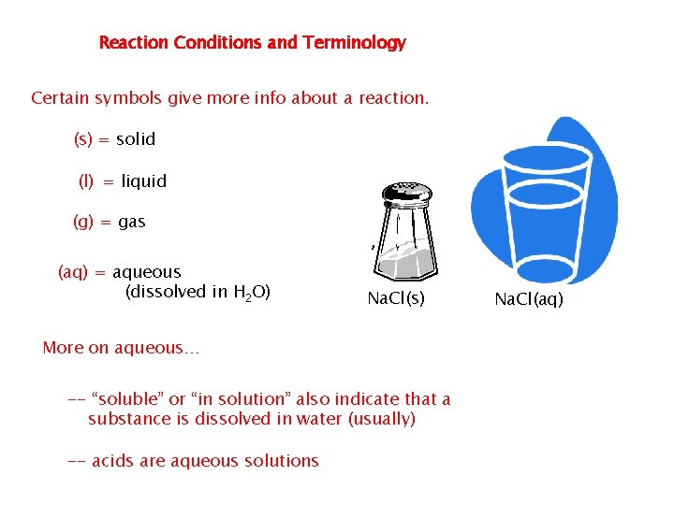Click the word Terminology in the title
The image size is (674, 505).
point(354,43)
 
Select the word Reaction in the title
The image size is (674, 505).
point(131,43)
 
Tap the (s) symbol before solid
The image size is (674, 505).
point(83,139)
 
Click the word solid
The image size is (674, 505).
point(136,139)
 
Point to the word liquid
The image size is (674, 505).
point(143,181)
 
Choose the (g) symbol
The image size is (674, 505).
point(83,223)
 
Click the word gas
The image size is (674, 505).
point(131,223)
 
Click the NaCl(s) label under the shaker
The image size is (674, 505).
point(395,299)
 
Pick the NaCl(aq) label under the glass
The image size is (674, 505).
point(529,299)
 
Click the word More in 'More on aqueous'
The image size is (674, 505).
point(63,348)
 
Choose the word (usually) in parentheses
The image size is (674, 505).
point(381,419)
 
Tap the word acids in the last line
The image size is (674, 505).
point(115,461)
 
